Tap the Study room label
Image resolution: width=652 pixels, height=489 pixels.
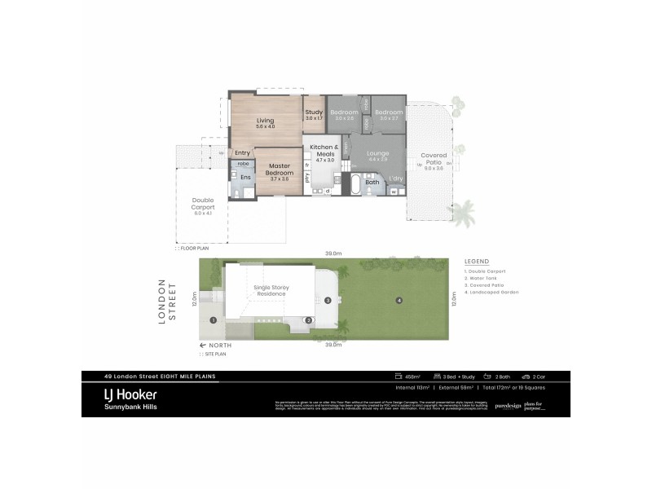tap(314, 112)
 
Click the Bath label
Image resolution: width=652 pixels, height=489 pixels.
tap(372, 182)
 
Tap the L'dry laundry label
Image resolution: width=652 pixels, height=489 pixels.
tap(395, 178)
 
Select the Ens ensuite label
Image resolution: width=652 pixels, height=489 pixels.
tap(244, 178)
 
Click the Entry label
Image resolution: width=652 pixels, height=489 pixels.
tap(242, 153)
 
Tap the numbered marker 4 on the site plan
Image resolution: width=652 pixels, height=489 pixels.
tap(399, 301)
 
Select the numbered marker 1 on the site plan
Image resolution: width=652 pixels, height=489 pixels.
tap(213, 320)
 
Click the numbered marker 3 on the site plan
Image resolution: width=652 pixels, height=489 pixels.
tap(328, 300)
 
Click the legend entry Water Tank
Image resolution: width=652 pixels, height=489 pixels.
tap(487, 277)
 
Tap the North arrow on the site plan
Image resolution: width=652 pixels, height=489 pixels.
tap(215, 346)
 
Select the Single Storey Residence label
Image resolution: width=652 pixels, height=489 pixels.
tap(274, 291)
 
